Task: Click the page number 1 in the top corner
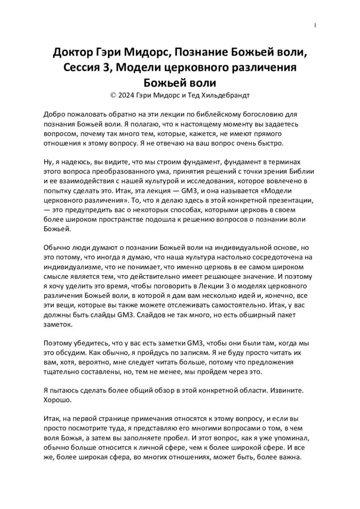click(316, 25)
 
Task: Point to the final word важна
click(288, 458)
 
